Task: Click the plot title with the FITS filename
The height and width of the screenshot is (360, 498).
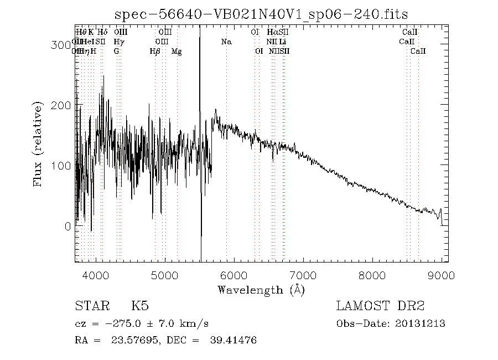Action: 261,14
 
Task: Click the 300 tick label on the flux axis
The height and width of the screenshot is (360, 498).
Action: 62,45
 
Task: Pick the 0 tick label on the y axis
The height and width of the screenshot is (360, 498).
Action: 68,226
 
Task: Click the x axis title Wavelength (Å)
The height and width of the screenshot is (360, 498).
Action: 261,289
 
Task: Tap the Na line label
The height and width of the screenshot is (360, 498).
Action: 226,42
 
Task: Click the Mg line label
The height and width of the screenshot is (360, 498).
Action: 177,51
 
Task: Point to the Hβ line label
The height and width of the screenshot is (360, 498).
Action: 155,51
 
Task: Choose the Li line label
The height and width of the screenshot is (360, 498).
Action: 282,42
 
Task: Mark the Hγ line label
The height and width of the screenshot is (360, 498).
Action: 118,42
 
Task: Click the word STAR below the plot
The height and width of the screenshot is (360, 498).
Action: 90,306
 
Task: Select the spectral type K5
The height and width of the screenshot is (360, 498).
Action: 139,306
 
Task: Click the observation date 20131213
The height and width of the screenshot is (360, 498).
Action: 423,324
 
